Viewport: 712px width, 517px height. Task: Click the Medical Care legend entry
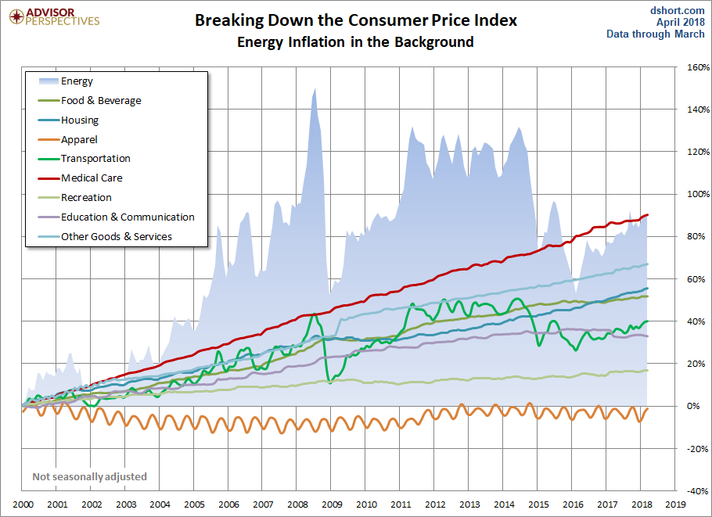click(92, 178)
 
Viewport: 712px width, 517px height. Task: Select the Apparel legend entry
click(79, 139)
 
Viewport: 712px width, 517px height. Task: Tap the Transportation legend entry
click(95, 159)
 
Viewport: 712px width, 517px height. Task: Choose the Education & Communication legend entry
click(128, 217)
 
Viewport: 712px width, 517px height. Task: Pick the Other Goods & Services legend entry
click(117, 236)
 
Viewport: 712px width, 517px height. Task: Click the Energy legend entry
click(77, 81)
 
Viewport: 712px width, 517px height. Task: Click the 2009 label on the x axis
click(332, 505)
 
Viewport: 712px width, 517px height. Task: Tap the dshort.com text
click(678, 10)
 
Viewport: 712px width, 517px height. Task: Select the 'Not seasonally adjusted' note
click(89, 476)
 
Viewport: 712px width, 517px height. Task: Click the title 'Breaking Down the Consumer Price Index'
click(356, 20)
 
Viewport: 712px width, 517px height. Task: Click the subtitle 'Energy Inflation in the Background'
click(356, 42)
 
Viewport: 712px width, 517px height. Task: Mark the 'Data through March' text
click(656, 34)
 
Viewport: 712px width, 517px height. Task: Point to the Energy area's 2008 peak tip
click(315, 88)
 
